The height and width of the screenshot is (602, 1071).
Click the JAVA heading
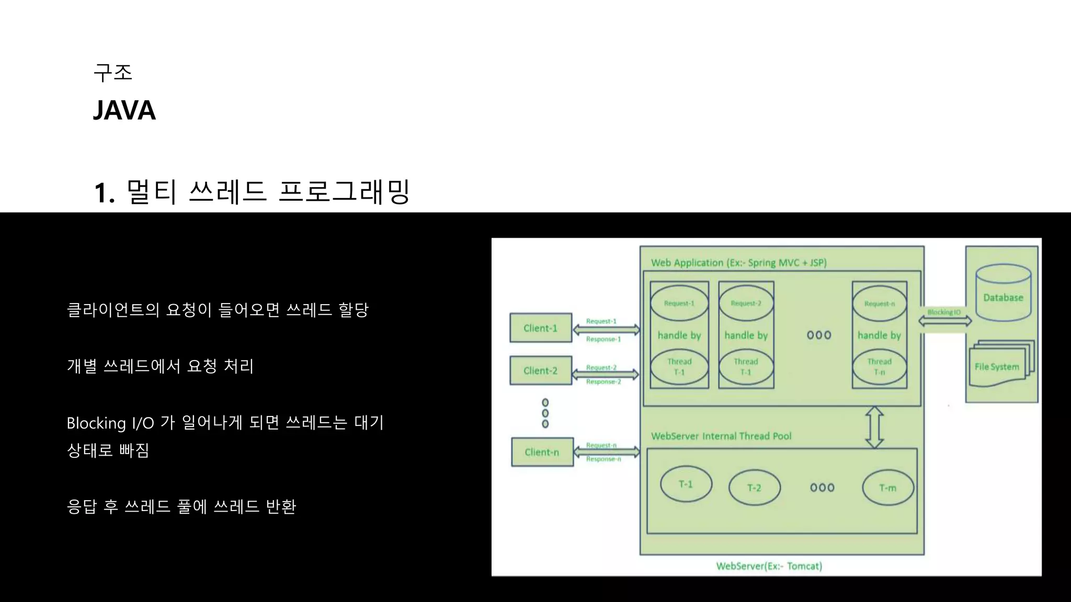(x=124, y=110)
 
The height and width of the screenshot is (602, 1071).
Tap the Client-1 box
(x=541, y=328)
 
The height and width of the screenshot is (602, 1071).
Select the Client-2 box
(x=541, y=371)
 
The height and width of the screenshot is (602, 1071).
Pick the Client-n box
(x=542, y=452)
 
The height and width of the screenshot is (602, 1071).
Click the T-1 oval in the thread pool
(x=686, y=484)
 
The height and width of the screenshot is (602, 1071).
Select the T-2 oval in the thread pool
(x=754, y=488)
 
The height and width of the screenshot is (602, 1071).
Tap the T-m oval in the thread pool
(x=887, y=488)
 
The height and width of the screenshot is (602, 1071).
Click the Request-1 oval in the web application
(x=679, y=303)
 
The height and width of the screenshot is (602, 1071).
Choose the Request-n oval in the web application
(x=879, y=304)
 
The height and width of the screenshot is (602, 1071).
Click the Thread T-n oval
(x=879, y=366)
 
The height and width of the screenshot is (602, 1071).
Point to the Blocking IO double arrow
(x=945, y=321)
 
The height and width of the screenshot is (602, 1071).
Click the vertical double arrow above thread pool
(x=874, y=427)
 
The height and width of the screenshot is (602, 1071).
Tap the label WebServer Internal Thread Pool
(x=721, y=436)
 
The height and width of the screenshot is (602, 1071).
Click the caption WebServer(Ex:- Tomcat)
(x=769, y=566)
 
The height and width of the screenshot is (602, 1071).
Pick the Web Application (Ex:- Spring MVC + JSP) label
(x=738, y=263)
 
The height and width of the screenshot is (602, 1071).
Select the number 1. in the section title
(x=104, y=193)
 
